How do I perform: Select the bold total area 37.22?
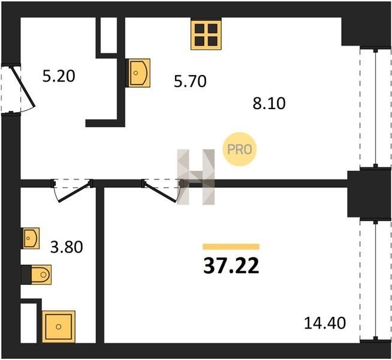[231, 265]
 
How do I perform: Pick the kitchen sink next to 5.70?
[138, 73]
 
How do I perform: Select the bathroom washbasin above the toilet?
[31, 238]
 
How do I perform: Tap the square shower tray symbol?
[58, 326]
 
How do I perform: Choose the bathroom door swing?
[72, 189]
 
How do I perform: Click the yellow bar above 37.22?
[231, 247]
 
